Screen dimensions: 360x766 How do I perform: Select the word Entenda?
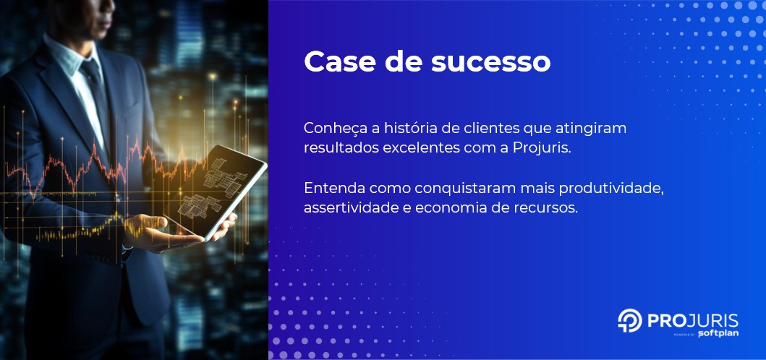333,188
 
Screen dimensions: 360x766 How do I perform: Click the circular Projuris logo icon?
629,321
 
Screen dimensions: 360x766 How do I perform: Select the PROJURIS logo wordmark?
691,320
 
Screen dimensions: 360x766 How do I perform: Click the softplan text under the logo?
718,334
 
